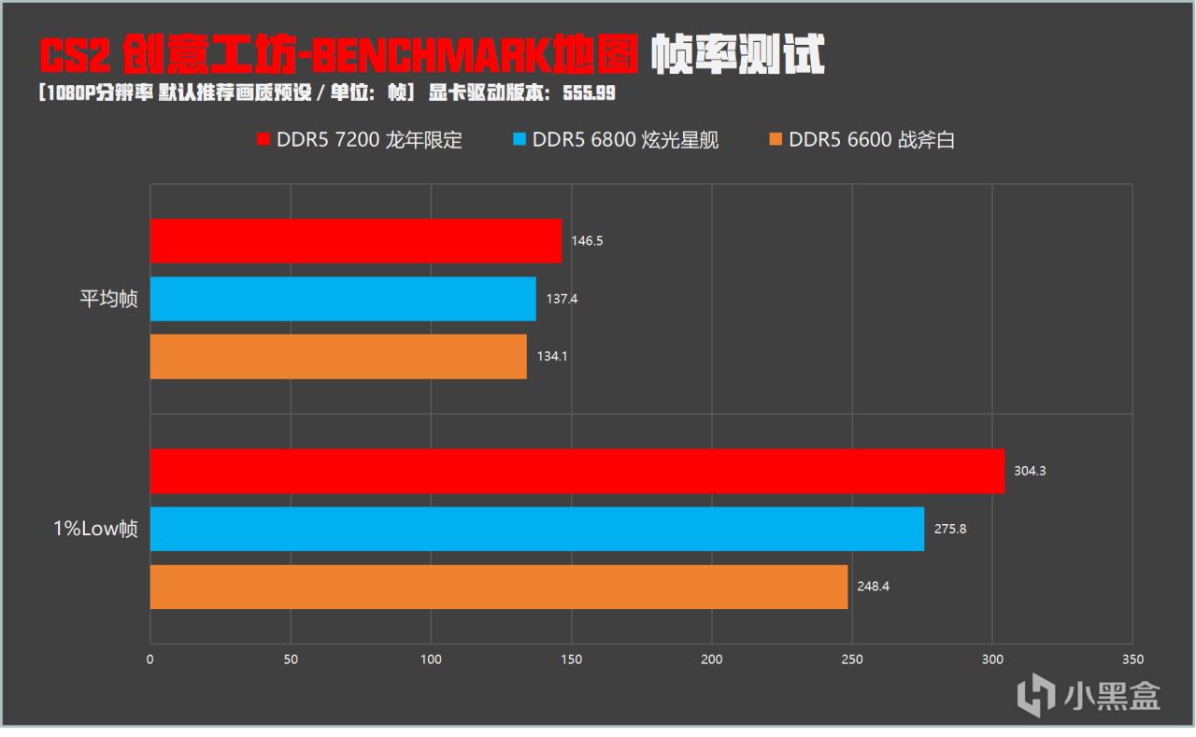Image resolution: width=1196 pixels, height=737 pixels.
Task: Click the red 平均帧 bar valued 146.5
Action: pyautogui.click(x=356, y=241)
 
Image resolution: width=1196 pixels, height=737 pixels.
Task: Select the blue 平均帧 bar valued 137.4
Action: pyautogui.click(x=343, y=299)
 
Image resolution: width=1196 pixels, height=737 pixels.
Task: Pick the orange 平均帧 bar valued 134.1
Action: pyautogui.click(x=338, y=357)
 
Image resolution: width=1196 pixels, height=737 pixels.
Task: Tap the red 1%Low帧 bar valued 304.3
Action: pyautogui.click(x=577, y=471)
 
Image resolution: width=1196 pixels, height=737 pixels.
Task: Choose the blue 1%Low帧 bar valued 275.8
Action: pyautogui.click(x=537, y=529)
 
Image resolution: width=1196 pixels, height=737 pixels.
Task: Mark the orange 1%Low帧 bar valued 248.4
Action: pyautogui.click(x=499, y=587)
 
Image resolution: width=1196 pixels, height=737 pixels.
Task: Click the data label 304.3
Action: pyautogui.click(x=1030, y=471)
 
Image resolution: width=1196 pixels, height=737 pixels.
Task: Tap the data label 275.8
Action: pyautogui.click(x=949, y=529)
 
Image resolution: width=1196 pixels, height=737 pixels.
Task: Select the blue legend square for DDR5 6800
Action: pyautogui.click(x=520, y=141)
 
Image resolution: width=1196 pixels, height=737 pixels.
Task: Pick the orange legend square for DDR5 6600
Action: pyautogui.click(x=776, y=141)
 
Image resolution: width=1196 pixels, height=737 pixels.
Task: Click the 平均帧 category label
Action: pyautogui.click(x=108, y=300)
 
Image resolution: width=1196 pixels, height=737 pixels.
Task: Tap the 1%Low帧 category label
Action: pyautogui.click(x=95, y=529)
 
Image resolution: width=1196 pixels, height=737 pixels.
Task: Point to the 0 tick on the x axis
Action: pyautogui.click(x=150, y=659)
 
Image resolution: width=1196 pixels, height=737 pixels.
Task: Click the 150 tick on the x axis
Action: pyautogui.click(x=571, y=659)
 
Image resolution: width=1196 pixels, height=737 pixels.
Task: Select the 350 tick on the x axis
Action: pyautogui.click(x=1132, y=659)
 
